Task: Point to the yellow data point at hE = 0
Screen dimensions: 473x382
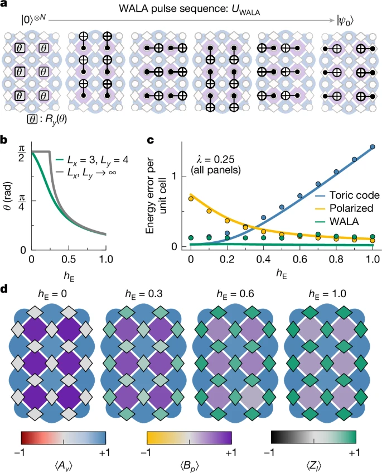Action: pyautogui.click(x=191, y=198)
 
